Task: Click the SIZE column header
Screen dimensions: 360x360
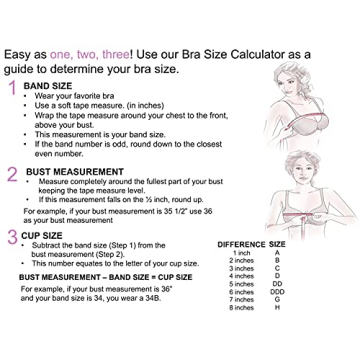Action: coord(278,244)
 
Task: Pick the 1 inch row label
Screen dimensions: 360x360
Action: coord(242,253)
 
